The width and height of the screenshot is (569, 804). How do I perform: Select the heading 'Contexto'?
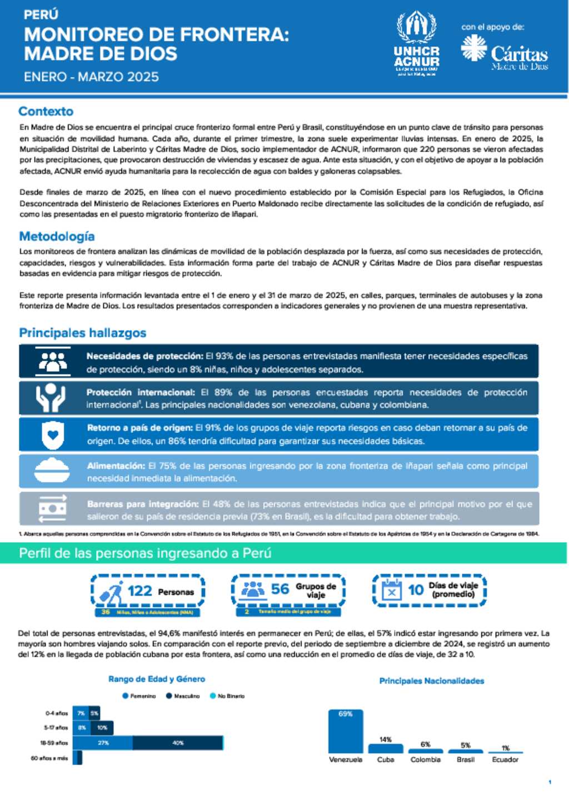pyautogui.click(x=46, y=111)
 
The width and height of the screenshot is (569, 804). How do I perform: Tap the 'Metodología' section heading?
pyautogui.click(x=57, y=236)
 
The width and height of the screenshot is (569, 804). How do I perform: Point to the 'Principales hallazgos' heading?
pyautogui.click(x=83, y=333)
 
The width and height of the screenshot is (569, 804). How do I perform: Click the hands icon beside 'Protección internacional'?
pyautogui.click(x=51, y=398)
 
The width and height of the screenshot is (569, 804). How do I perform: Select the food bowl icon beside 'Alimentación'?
pyautogui.click(x=52, y=471)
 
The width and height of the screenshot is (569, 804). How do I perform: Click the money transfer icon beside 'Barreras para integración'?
pyautogui.click(x=52, y=507)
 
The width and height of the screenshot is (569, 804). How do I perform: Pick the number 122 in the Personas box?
pyautogui.click(x=139, y=591)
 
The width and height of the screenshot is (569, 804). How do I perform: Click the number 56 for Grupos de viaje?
pyautogui.click(x=280, y=589)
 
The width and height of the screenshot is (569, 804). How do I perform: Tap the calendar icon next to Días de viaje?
pyautogui.click(x=392, y=590)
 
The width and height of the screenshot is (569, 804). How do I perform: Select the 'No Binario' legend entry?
pyautogui.click(x=227, y=696)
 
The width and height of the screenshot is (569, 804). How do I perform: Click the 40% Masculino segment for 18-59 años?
pyautogui.click(x=178, y=743)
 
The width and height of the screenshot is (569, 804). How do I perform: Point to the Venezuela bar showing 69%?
pyautogui.click(x=346, y=731)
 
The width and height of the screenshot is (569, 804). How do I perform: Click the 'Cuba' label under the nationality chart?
pyautogui.click(x=386, y=760)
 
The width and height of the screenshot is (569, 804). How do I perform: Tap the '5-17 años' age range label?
pyautogui.click(x=56, y=727)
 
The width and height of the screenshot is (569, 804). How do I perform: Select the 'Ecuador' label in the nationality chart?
pyautogui.click(x=505, y=760)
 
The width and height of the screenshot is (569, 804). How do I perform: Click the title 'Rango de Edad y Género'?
pyautogui.click(x=157, y=679)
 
